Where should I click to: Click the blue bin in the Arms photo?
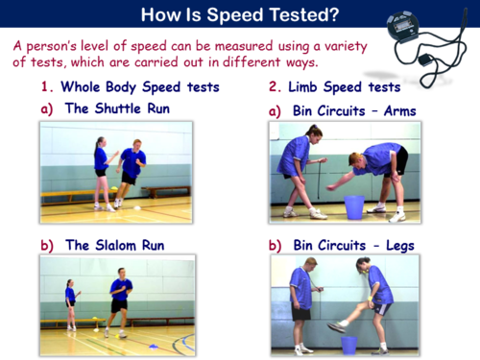(x=352, y=206)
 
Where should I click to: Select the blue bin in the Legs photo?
(x=348, y=343)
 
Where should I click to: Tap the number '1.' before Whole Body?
(x=48, y=86)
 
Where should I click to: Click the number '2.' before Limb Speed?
(x=276, y=86)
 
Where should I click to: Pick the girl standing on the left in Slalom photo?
(x=70, y=302)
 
